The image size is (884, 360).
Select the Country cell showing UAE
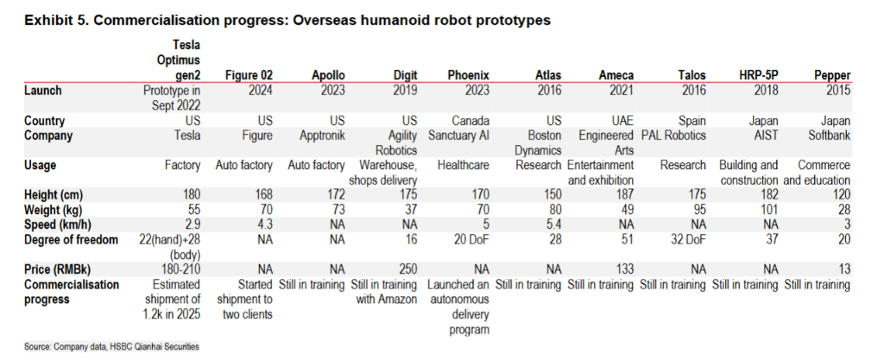pyautogui.click(x=624, y=122)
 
